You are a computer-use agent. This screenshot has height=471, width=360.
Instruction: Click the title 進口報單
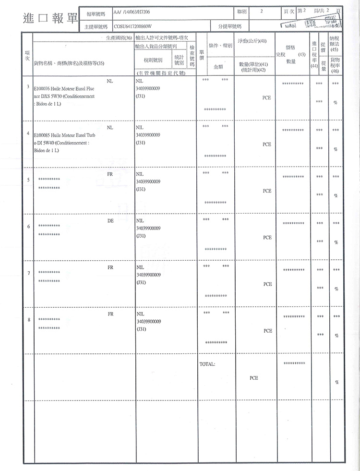[x=49, y=18]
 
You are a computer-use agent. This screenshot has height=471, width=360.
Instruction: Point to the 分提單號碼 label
[x=229, y=26]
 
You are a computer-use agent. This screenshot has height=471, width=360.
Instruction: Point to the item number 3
[x=28, y=87]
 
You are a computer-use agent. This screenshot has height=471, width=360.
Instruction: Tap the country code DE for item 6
[x=110, y=221]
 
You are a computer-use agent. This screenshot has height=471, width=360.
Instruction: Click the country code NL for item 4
[x=110, y=128]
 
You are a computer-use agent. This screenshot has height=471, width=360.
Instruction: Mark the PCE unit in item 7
[x=267, y=284]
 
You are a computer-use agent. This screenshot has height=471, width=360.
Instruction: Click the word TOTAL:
[x=207, y=364]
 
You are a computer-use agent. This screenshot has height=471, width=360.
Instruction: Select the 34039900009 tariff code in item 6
[x=148, y=228]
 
